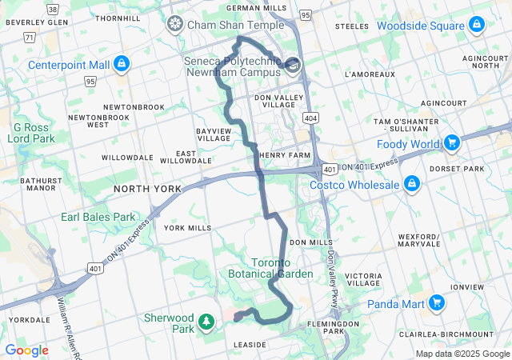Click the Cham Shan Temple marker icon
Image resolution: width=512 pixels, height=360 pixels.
coord(174,25)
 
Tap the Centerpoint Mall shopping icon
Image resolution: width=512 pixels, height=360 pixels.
coord(121,63)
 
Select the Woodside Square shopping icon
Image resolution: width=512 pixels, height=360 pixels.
coord(477,26)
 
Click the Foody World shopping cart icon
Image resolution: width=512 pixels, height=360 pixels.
coord(452,144)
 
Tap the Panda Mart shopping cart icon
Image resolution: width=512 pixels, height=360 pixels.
coord(436,303)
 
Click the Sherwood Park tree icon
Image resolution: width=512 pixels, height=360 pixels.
coord(207,322)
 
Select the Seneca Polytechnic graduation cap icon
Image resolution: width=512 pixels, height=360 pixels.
coord(293,65)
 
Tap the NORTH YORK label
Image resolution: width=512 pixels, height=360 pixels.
coord(147,189)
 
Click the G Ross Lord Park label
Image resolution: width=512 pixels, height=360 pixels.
coord(31,133)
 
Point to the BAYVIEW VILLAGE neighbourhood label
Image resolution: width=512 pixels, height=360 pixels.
coord(213,134)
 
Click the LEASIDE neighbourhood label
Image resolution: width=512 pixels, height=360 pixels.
coord(249,345)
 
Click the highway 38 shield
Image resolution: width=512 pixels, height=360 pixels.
coord(53,10)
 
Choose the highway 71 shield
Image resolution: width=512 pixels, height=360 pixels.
coord(30,37)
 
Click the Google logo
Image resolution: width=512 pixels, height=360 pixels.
coord(26,350)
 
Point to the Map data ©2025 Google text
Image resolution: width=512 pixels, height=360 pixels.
coord(462,354)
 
